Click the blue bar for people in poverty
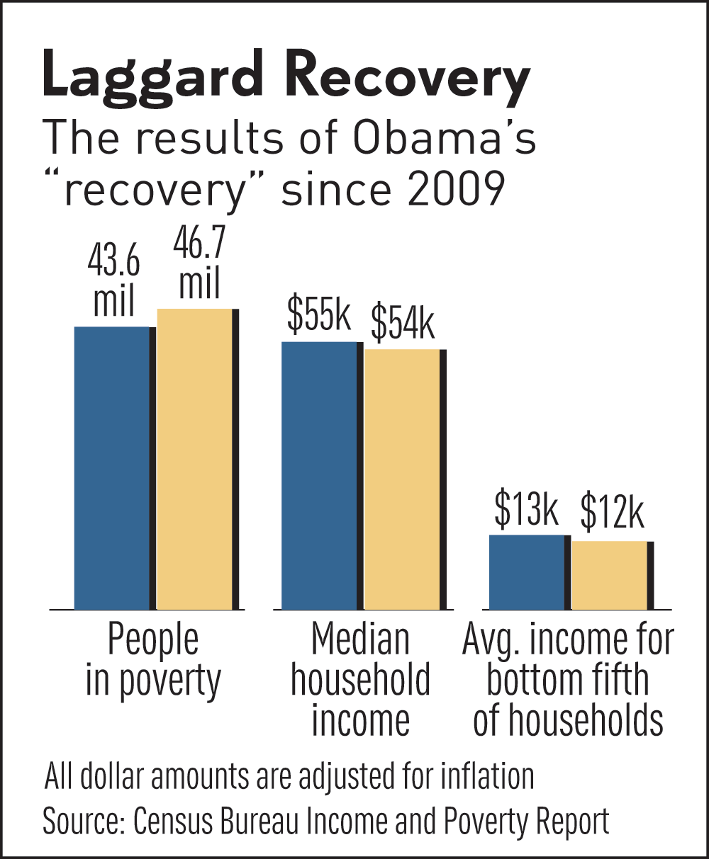coord(111,467)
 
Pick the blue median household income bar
coord(319,474)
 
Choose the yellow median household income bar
coord(402,479)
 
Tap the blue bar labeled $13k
coord(527,571)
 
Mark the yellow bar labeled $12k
coord(610,575)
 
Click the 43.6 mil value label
coord(113,283)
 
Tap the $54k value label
coord(403,323)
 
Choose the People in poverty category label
coord(153,660)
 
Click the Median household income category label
coord(360,680)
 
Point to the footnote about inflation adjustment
coord(289,776)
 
